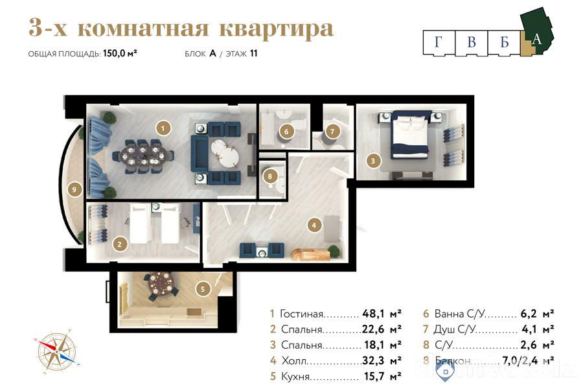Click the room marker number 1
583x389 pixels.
coord(165,128)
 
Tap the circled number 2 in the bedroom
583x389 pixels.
coord(119,244)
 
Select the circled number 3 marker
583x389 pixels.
coord(372,160)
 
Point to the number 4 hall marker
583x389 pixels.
coord(314,226)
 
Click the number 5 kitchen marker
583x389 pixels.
coord(203,289)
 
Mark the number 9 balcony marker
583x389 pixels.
coord(76,190)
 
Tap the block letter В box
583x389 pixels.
coord(471,43)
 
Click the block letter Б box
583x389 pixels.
coord(504,43)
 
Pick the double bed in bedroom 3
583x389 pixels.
coord(410,135)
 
